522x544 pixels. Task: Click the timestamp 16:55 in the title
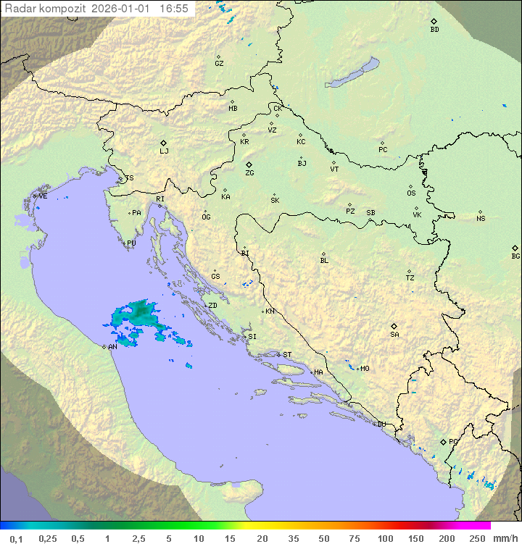pos(173,9)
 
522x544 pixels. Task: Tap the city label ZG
pos(249,173)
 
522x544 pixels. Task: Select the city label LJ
pos(164,151)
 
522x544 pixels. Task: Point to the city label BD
pos(434,30)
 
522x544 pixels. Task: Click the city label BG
pos(515,256)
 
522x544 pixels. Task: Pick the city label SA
pos(394,334)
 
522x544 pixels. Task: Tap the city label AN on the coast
pos(112,347)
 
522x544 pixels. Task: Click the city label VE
pos(43,196)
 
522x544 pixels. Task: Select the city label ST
pos(287,355)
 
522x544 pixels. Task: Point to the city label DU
pos(381,424)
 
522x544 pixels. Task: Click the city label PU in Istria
pos(131,243)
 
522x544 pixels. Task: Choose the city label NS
pos(481,219)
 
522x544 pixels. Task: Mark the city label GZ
pos(219,64)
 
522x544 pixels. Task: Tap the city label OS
pos(411,193)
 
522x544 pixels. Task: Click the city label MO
pos(365,369)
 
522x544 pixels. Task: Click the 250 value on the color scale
pos(477,538)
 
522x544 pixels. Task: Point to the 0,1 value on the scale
pos(16,538)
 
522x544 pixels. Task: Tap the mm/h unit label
pos(505,538)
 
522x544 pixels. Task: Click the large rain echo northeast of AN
pos(139,313)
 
